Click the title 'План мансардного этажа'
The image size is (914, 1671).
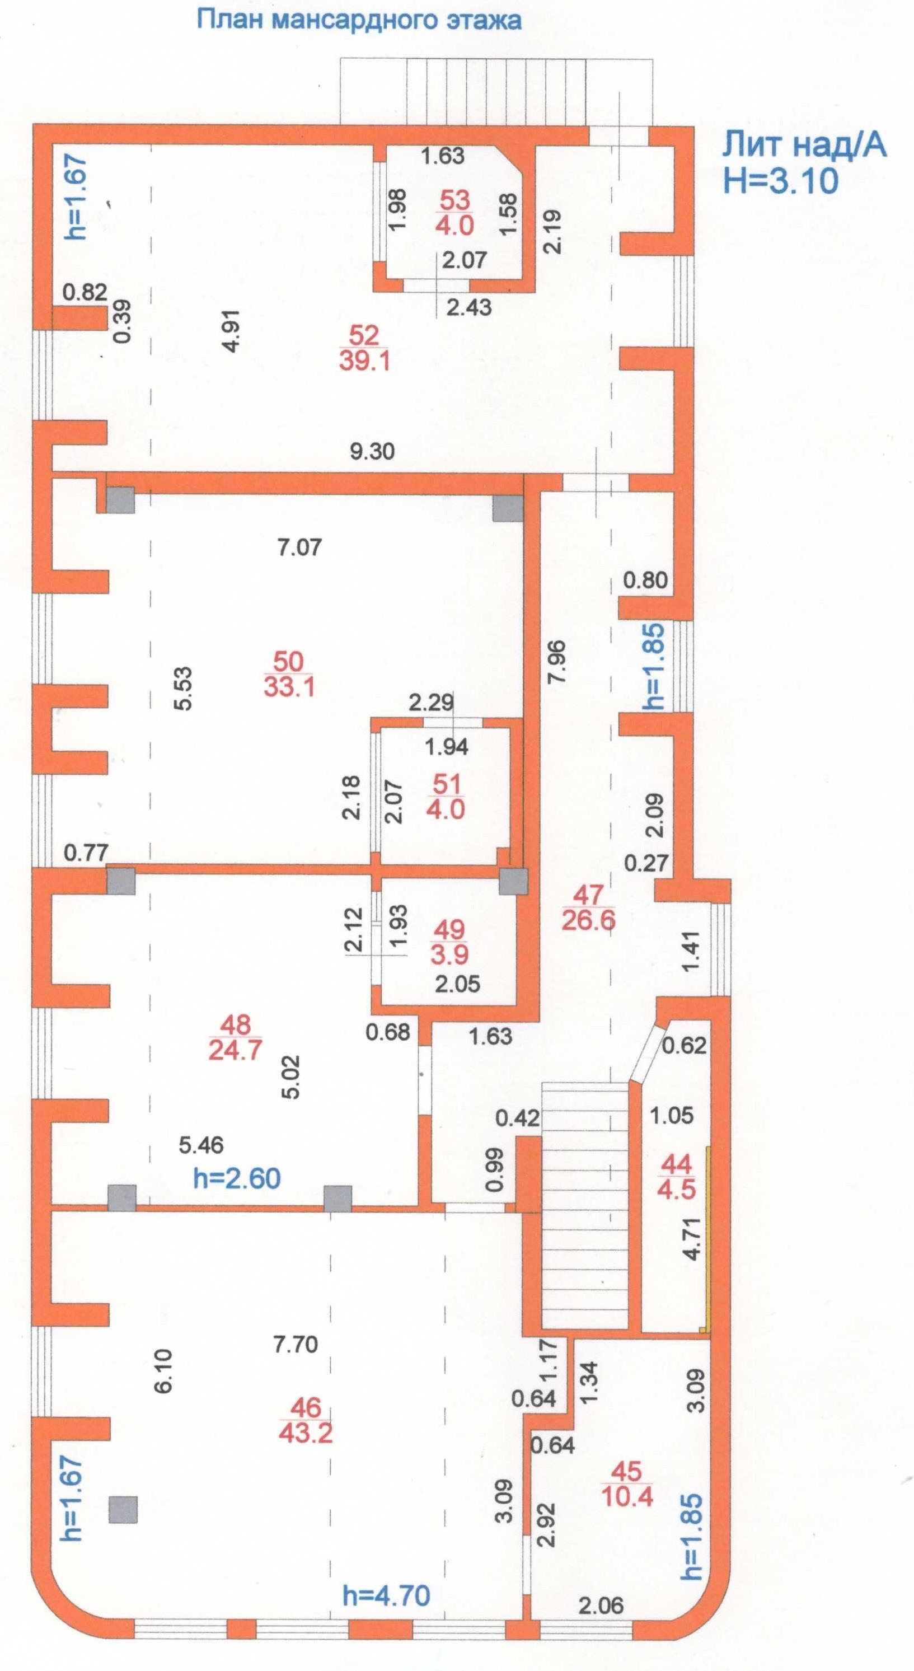point(359,20)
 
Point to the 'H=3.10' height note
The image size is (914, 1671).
point(780,180)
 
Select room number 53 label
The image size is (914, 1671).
point(454,200)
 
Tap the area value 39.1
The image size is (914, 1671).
point(364,361)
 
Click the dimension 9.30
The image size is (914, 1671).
point(372,451)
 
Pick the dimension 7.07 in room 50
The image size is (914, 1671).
point(299,547)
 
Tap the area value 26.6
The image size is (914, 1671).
point(588,920)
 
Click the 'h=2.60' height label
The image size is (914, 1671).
point(237,1177)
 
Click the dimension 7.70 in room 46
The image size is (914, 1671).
point(295,1344)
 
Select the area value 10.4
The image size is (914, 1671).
point(627,1496)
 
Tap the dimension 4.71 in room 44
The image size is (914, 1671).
point(693,1239)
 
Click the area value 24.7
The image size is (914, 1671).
point(235,1050)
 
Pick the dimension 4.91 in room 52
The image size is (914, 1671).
point(231,331)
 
